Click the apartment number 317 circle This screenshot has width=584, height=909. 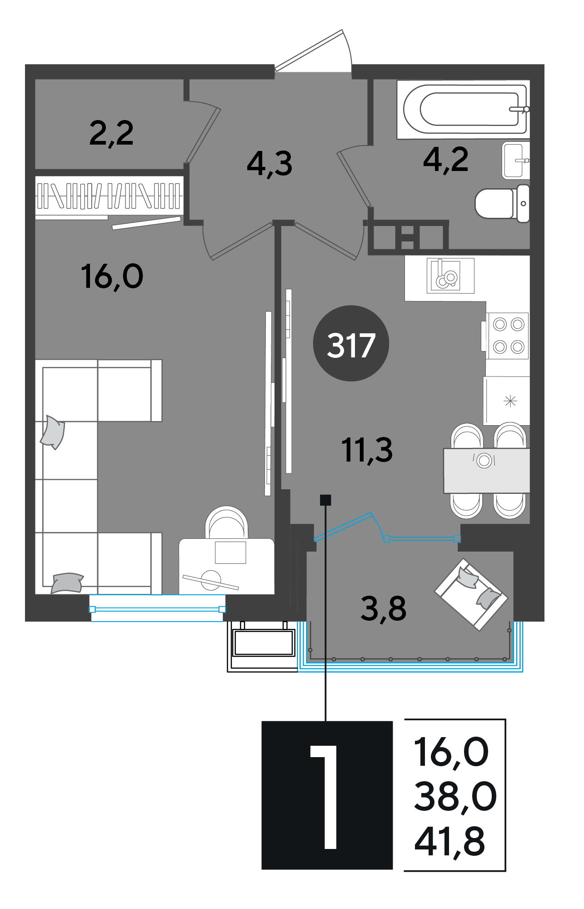351,343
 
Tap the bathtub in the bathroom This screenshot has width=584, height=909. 463,110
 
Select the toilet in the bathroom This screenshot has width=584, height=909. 502,203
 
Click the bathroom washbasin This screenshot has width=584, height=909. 516,161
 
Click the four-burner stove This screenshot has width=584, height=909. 507,336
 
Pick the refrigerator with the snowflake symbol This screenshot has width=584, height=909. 507,401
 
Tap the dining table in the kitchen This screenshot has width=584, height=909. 487,471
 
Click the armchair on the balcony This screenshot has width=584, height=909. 471,594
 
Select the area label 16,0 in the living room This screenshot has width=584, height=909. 112,276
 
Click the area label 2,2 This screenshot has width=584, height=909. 111,133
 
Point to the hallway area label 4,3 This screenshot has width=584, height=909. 270,164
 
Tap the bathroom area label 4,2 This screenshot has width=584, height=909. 445,160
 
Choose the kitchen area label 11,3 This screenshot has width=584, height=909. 367,450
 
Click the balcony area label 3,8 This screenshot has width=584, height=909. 383,609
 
